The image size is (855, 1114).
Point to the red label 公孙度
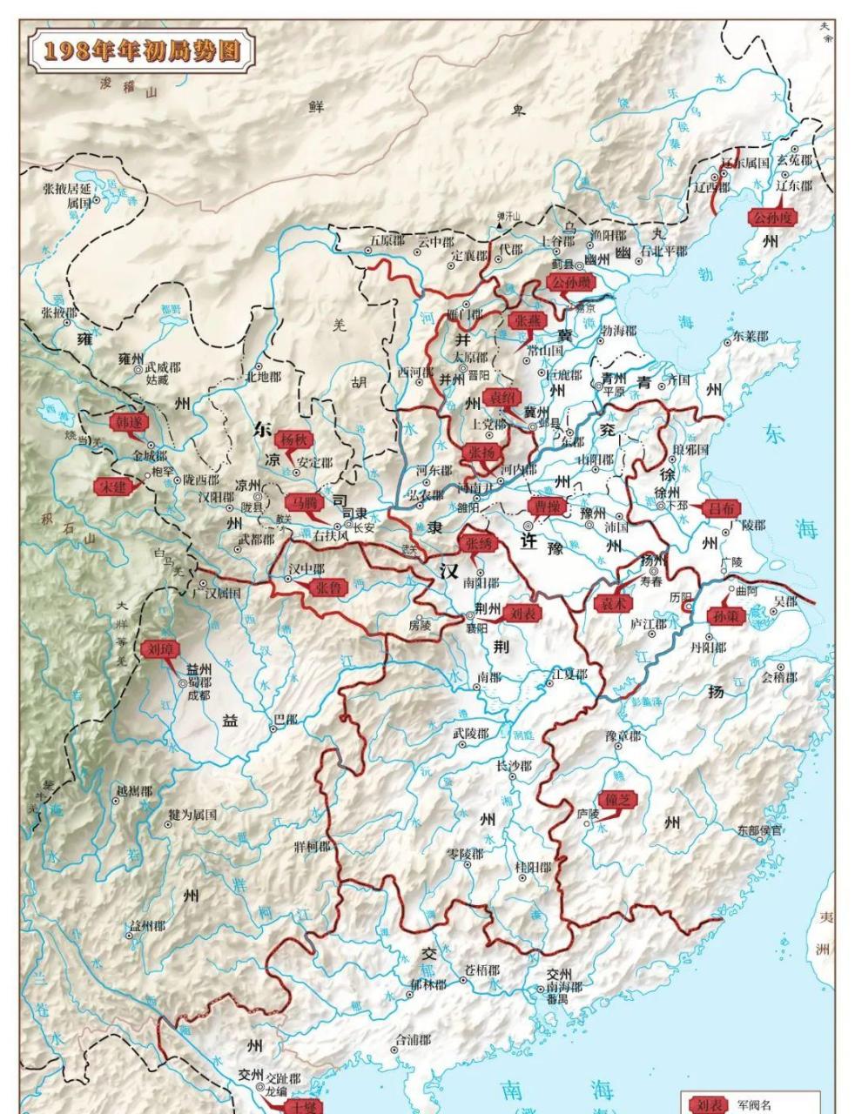tap(772, 218)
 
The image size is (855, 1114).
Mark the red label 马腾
tap(304, 503)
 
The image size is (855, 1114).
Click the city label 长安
tap(364, 527)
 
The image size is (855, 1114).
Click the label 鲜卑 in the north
tap(416, 108)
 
